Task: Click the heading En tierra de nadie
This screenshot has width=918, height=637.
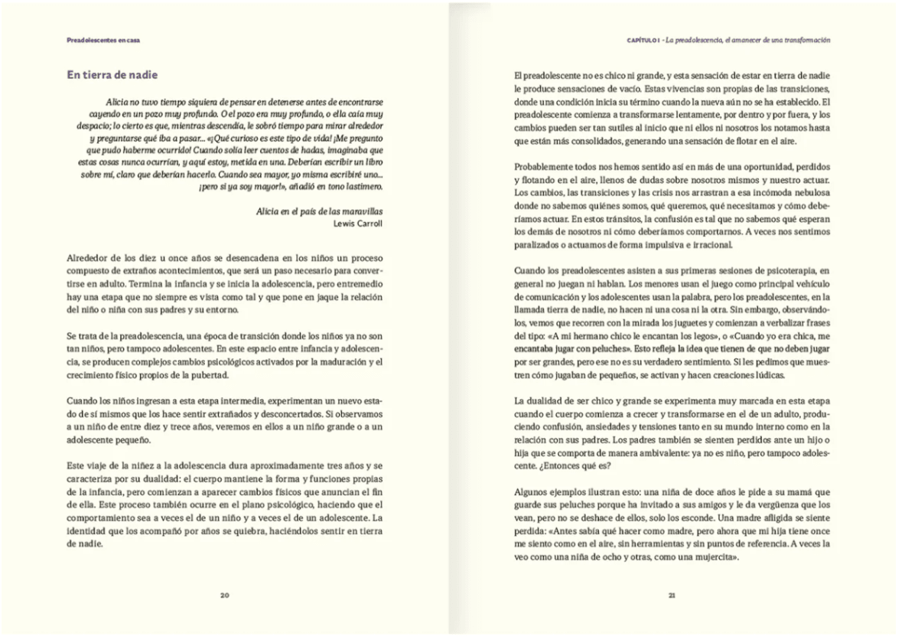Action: coord(112,74)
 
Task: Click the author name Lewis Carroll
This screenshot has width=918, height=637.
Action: coord(359,224)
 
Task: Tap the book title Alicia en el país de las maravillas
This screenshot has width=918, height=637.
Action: coord(320,211)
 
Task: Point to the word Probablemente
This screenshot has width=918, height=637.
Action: coord(545,166)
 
